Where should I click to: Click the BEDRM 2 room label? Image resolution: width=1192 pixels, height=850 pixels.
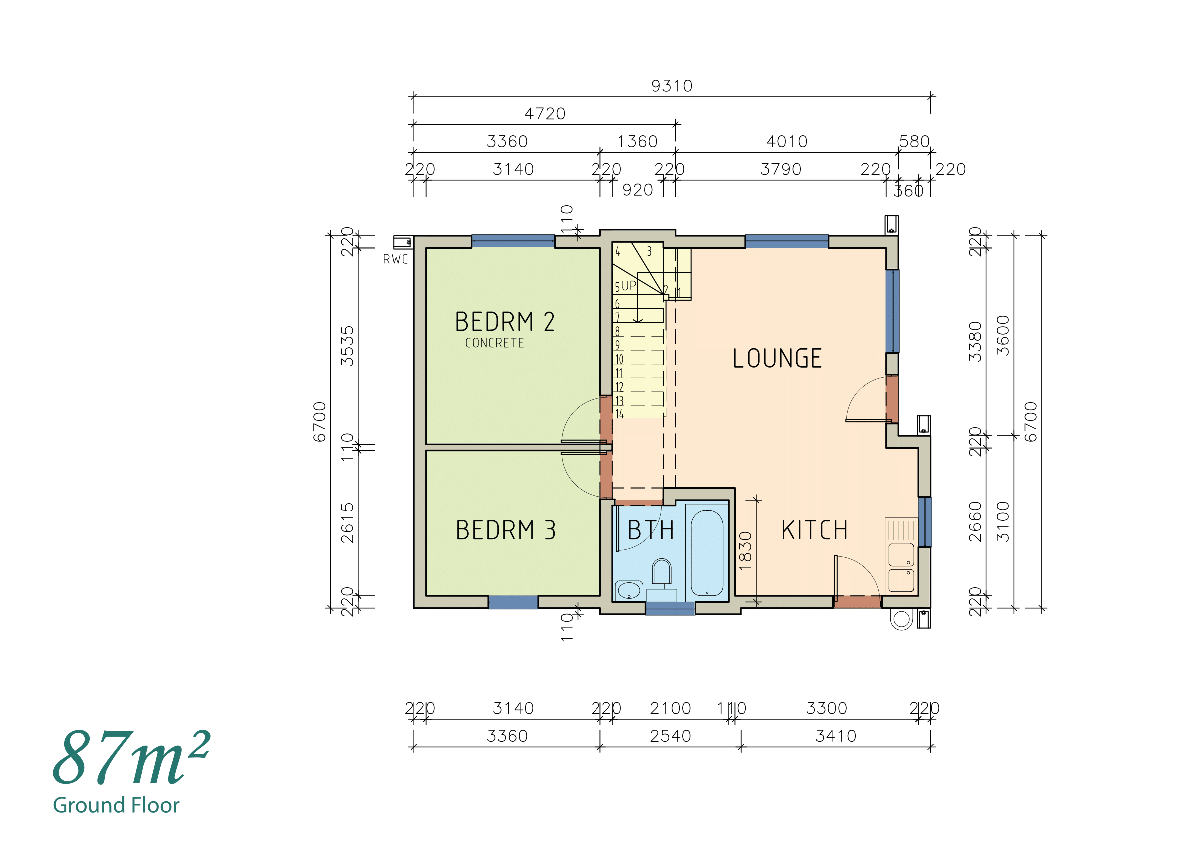(504, 322)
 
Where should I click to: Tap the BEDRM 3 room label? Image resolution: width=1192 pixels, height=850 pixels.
(505, 530)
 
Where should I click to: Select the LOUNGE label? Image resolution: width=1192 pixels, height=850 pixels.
(776, 358)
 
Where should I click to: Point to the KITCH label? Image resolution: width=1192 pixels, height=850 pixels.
(814, 530)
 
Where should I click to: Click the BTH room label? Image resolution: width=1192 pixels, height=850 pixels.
(650, 530)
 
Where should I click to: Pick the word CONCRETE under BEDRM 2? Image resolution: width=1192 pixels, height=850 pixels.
(494, 343)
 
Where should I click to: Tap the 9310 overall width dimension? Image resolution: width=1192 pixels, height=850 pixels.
(671, 86)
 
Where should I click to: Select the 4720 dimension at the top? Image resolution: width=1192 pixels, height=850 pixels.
(545, 114)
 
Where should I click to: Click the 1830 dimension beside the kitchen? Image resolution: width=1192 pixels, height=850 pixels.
(745, 551)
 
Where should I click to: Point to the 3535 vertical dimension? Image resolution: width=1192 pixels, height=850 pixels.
(347, 346)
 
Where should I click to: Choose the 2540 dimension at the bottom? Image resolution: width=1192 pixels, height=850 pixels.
(670, 737)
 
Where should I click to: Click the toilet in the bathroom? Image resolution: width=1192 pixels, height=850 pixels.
(662, 573)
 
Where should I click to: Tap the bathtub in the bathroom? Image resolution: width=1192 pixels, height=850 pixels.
(706, 553)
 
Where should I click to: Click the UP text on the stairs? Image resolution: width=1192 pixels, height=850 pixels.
(629, 286)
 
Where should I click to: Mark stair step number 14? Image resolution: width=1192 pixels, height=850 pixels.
(619, 414)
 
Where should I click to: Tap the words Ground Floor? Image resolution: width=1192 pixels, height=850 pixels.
(116, 805)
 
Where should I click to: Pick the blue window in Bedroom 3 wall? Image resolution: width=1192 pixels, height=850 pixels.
(512, 602)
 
